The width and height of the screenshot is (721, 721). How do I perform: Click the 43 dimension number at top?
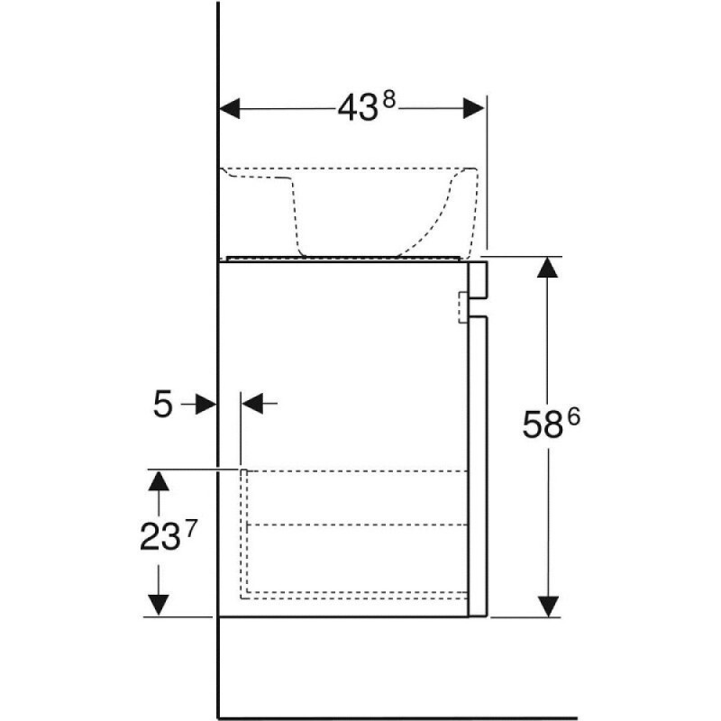pyautogui.click(x=358, y=109)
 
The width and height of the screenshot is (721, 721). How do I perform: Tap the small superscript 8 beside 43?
pyautogui.click(x=389, y=98)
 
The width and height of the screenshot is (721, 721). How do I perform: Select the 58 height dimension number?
pyautogui.click(x=543, y=424)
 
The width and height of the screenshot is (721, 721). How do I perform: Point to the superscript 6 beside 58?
pyautogui.click(x=573, y=417)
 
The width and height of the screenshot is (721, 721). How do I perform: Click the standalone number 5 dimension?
pyautogui.click(x=162, y=404)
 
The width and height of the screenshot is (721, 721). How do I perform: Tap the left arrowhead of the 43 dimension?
pyautogui.click(x=230, y=108)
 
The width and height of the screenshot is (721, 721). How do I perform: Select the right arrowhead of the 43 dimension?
pyautogui.click(x=474, y=108)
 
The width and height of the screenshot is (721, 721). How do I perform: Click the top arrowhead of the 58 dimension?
pyautogui.click(x=547, y=268)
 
